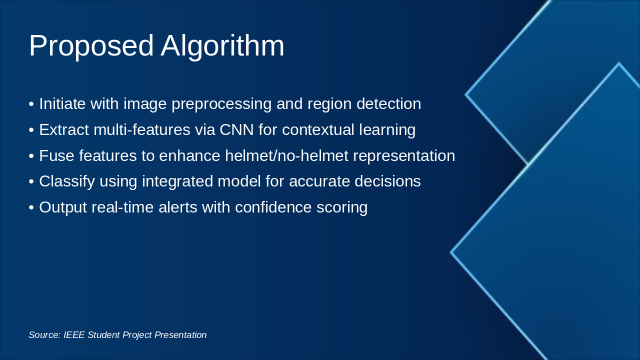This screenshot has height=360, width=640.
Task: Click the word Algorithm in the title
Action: (222, 46)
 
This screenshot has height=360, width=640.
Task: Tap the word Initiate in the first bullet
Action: (62, 103)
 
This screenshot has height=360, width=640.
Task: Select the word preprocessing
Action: (221, 104)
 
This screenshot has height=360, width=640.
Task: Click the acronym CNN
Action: (236, 129)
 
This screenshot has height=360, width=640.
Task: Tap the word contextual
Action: (318, 129)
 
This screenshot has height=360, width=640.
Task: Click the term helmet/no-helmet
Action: (286, 155)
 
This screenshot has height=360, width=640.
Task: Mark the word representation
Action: (404, 156)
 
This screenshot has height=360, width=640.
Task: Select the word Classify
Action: (67, 181)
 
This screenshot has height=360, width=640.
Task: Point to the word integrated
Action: (177, 181)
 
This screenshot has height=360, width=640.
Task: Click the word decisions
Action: (387, 181)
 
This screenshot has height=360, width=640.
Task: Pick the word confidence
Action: (273, 207)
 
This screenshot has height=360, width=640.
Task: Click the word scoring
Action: (342, 208)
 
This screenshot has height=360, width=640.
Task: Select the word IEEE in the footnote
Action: (74, 335)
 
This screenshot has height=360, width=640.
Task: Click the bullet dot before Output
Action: (31, 207)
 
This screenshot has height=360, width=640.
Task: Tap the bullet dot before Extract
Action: (31, 130)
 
